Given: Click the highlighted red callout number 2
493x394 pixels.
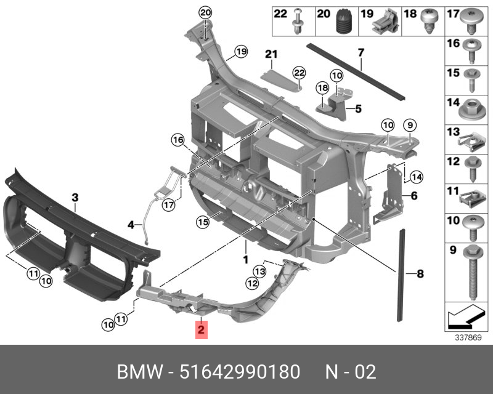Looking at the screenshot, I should coord(202,331).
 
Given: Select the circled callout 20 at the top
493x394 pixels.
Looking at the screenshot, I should coord(205,13).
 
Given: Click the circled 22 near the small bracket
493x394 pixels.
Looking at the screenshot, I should coord(299,73).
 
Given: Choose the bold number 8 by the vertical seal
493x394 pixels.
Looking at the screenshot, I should coord(420,273).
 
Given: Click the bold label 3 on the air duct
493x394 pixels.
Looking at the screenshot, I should coord(75,198).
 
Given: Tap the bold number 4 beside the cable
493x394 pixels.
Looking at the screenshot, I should coord(131,225).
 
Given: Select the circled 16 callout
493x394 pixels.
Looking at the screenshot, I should coord(178,141).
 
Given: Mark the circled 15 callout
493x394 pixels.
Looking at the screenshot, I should coord(203,222).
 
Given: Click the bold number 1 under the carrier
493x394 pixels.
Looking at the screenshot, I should coord(245,260).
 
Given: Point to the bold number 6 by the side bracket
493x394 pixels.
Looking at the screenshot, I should coord(414,196).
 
